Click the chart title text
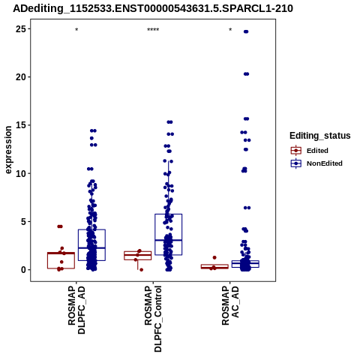[153, 8]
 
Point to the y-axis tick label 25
[21, 29]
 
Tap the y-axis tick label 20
[21, 77]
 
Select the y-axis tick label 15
[21, 125]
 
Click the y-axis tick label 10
[21, 173]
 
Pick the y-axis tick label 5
[23, 221]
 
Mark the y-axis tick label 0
[23, 270]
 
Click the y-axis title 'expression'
[8, 150]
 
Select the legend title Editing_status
[320, 136]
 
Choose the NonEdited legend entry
[316, 163]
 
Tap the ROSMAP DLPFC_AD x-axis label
[76, 310]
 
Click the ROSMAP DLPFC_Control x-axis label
[153, 319]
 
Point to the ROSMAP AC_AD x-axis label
[230, 305]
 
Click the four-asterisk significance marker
[153, 30]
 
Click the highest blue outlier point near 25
[246, 31]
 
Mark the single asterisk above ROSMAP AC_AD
[230, 30]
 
